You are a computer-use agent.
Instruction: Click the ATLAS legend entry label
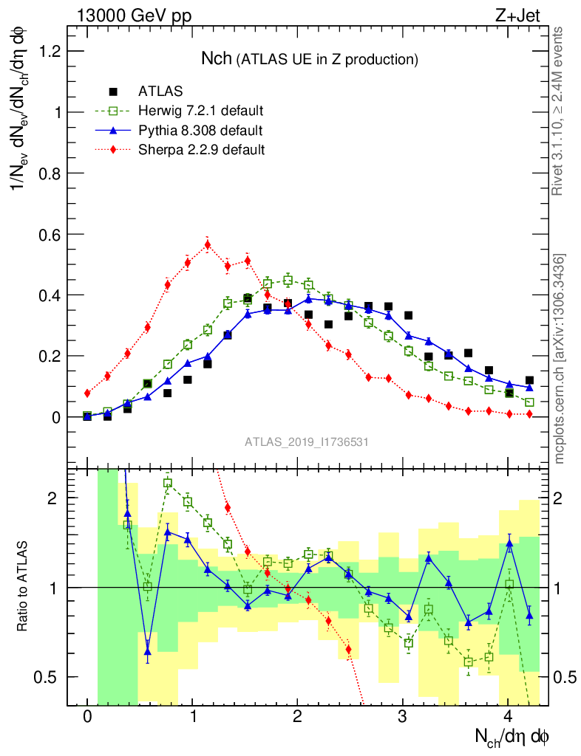click(160, 92)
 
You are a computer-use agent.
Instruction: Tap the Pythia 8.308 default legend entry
click(200, 131)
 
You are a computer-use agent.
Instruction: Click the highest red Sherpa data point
click(208, 244)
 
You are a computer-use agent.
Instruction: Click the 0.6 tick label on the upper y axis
click(49, 234)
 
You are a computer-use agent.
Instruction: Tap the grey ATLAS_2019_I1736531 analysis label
click(307, 442)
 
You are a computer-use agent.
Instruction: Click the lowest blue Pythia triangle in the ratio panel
click(148, 651)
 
